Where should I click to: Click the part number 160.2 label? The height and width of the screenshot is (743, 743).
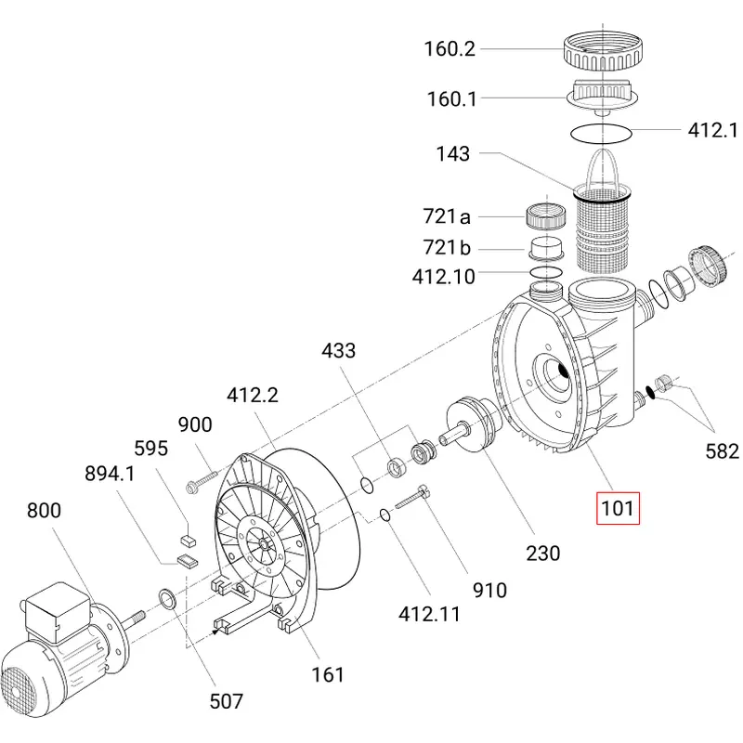[450, 49]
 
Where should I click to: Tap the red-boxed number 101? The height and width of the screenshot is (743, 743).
[618, 508]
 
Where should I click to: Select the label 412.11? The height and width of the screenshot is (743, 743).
[429, 614]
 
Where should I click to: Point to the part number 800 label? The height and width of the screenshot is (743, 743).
[44, 510]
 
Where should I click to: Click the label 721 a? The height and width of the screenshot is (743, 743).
[447, 216]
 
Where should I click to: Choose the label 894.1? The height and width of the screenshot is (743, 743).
[110, 474]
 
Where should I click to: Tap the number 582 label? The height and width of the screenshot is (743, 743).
[723, 451]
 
